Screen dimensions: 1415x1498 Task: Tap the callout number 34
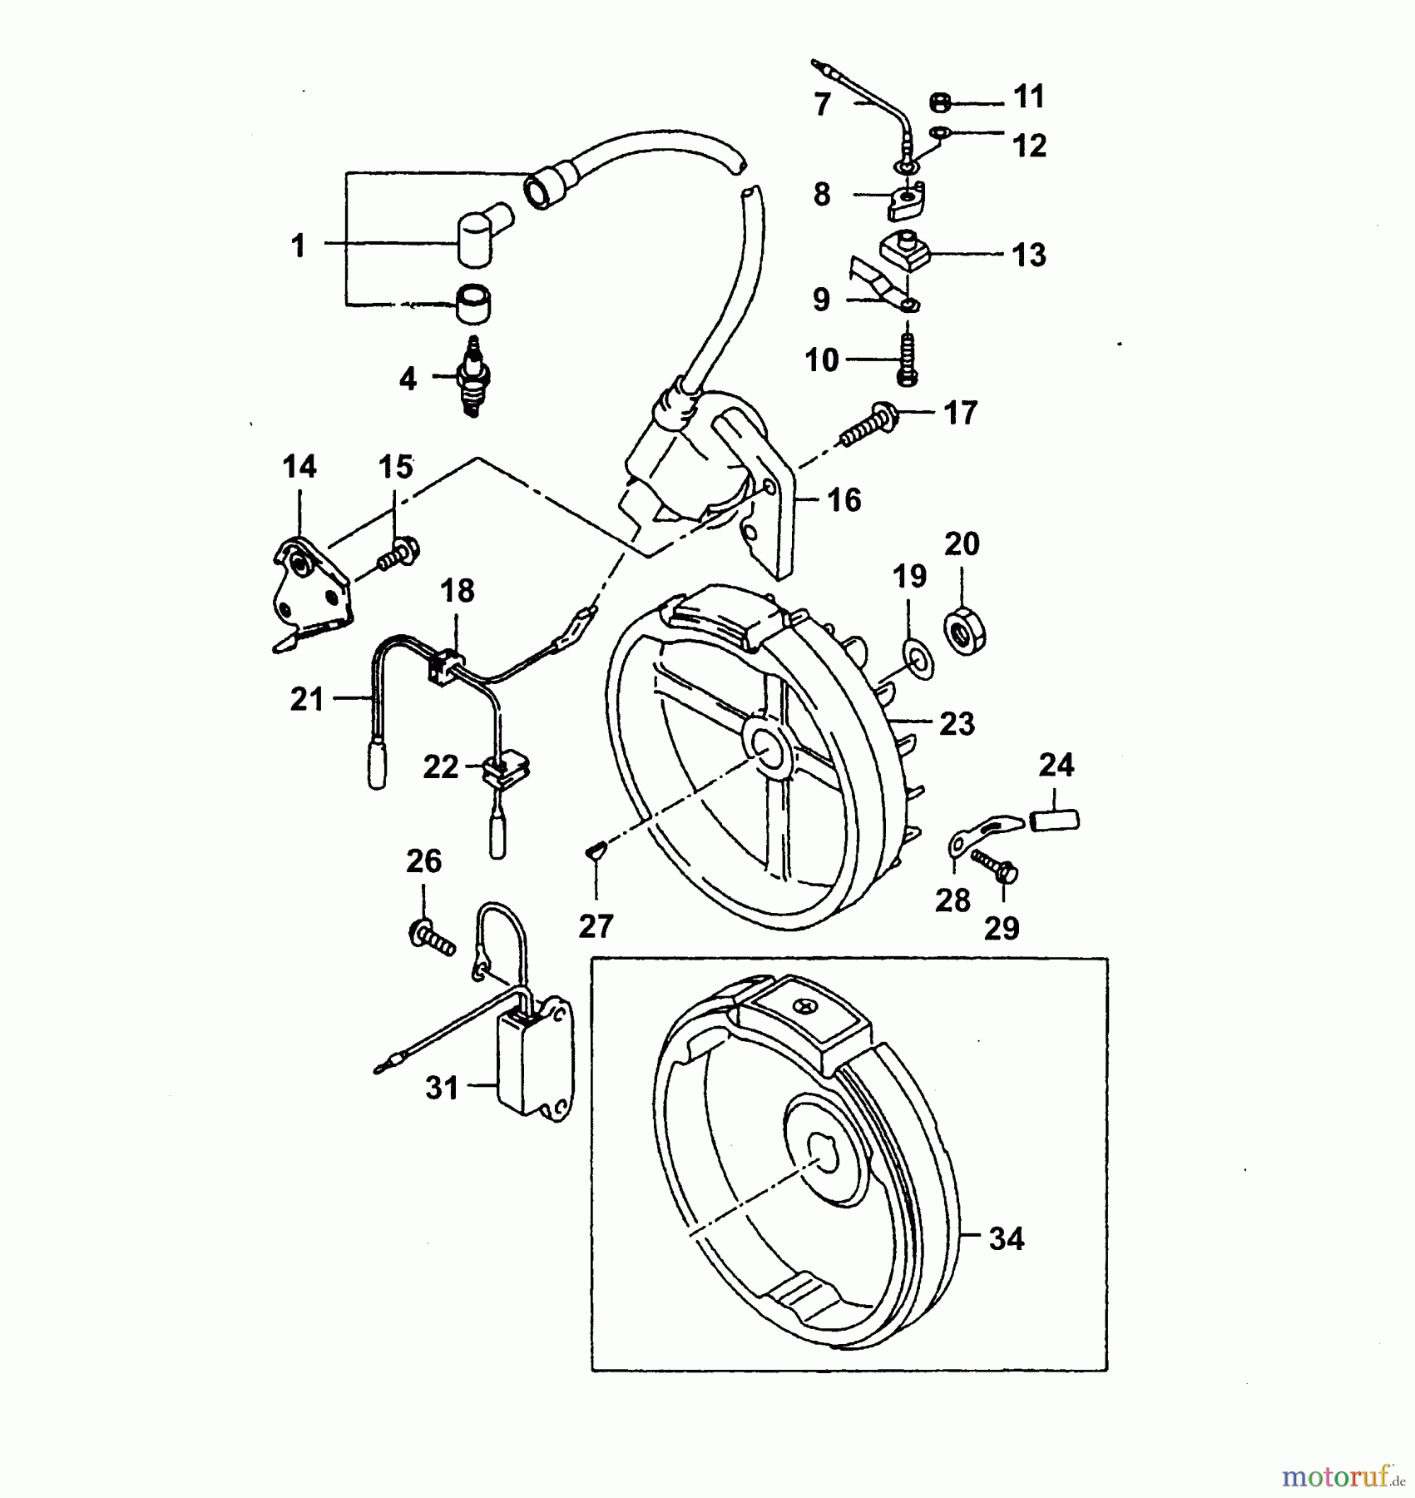[1006, 1239]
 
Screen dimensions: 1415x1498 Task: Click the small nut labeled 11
[940, 103]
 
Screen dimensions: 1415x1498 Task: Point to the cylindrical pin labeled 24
[1055, 821]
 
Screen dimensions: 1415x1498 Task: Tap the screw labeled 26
[431, 939]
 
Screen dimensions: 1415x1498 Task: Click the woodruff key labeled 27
[596, 849]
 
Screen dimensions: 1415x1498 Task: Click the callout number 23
[957, 724]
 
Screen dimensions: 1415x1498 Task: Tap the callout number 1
[298, 246]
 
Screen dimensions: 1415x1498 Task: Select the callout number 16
[844, 500]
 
